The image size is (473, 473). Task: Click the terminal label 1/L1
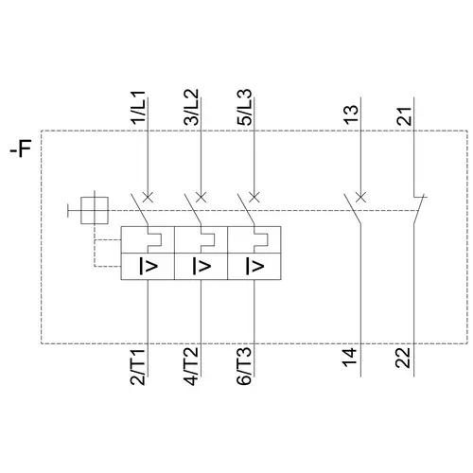[138, 108]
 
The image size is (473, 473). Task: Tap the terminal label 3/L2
[191, 108]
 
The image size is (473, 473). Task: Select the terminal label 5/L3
[244, 108]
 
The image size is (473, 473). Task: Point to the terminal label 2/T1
[138, 366]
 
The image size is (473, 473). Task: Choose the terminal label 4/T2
[191, 366]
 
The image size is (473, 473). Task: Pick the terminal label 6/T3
[244, 366]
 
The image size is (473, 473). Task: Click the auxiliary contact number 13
[351, 114]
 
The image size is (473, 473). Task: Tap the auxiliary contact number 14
[351, 358]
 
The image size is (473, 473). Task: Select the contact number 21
[404, 116]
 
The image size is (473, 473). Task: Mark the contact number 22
[404, 358]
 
